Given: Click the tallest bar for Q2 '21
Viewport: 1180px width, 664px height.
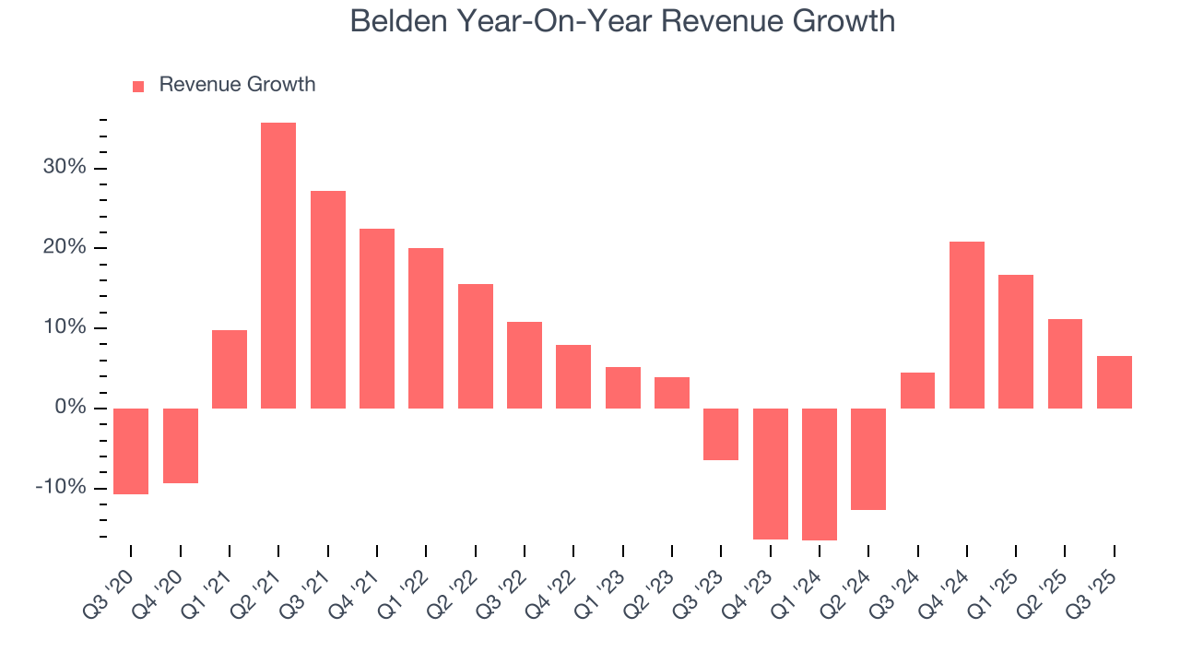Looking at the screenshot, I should tap(278, 266).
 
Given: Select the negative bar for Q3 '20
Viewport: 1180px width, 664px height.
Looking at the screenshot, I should tap(131, 451).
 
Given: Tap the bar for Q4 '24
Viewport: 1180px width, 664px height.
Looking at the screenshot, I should tap(967, 325).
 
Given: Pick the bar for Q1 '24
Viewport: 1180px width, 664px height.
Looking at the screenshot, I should tap(820, 474).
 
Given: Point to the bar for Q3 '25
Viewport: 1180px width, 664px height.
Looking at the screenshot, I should tap(1115, 382).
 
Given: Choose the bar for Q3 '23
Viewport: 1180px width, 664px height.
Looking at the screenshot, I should tap(721, 434).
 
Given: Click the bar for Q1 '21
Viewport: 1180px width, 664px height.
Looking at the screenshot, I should tap(230, 369).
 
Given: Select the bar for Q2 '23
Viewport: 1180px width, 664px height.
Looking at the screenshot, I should tap(672, 393).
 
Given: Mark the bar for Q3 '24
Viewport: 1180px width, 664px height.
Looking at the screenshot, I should tap(917, 390).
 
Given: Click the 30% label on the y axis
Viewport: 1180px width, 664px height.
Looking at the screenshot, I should tap(64, 168).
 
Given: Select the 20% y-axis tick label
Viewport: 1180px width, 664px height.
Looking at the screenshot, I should tap(64, 248).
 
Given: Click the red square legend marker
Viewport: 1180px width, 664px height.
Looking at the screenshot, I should tap(138, 86).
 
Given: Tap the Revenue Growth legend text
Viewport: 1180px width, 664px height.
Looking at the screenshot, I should tap(237, 85).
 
